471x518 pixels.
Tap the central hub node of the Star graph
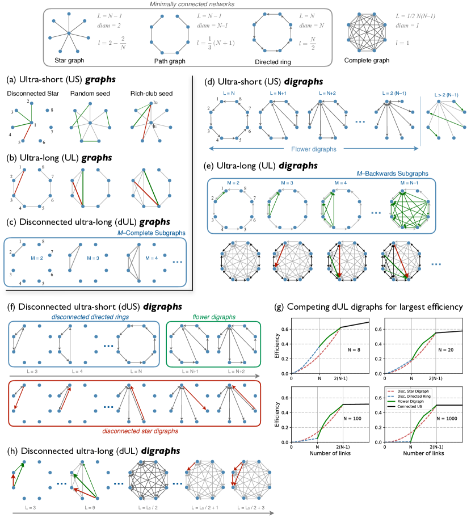click(68, 33)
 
